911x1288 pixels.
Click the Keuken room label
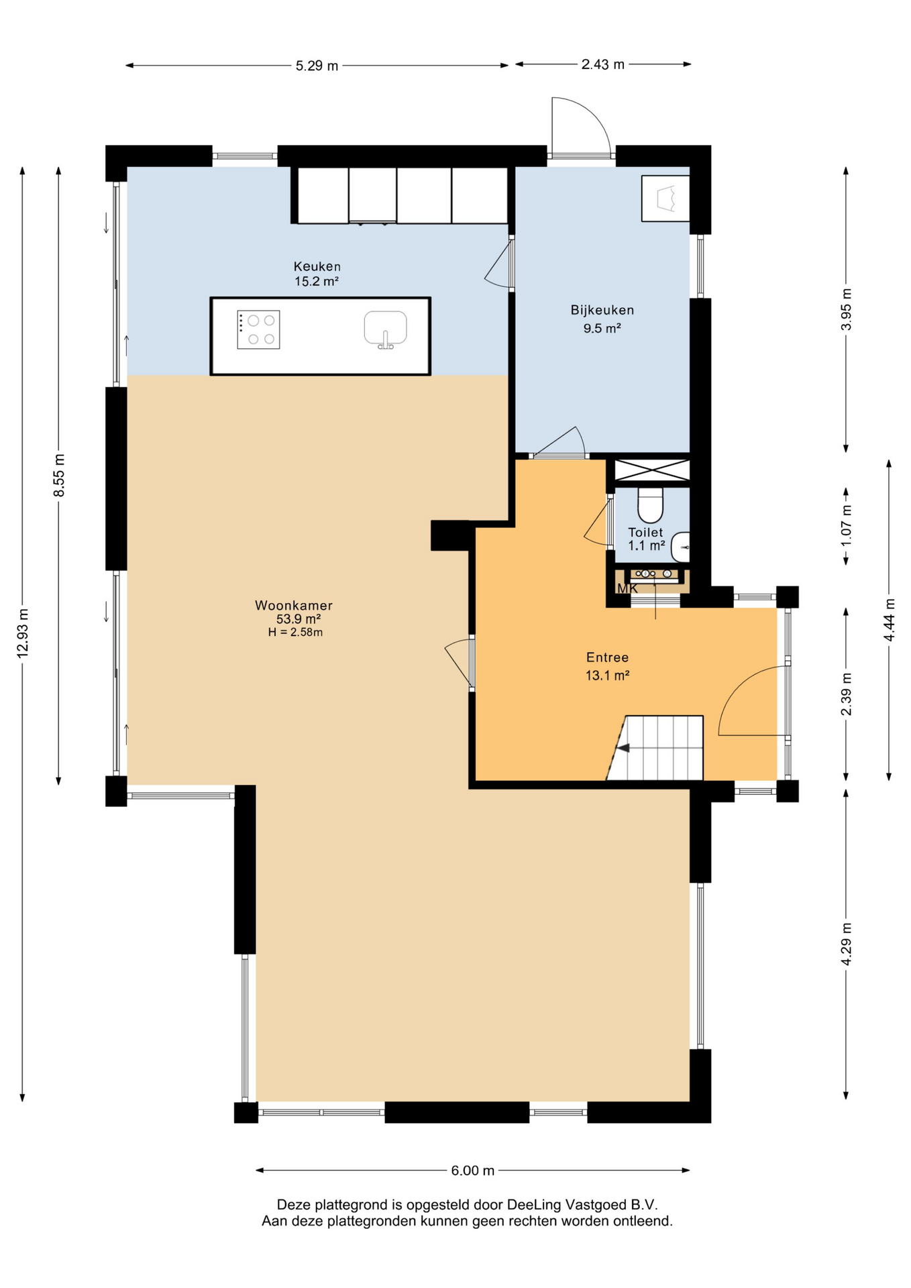(x=317, y=266)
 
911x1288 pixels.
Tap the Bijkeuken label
(x=602, y=310)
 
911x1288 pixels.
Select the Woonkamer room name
(x=294, y=605)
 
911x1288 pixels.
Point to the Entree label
(x=607, y=657)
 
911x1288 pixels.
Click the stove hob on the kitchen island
(x=258, y=329)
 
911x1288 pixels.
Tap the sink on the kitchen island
(x=385, y=329)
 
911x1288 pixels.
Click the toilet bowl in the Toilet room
(x=650, y=504)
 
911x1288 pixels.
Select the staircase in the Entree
(x=655, y=748)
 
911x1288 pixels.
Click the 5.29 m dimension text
(x=317, y=66)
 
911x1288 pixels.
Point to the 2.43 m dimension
(x=602, y=64)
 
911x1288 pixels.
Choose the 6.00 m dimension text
(x=473, y=1171)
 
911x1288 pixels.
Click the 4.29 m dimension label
(x=847, y=944)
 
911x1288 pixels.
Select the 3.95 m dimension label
(x=847, y=309)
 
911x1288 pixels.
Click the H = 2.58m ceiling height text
(x=295, y=632)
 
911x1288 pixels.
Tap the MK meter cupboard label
(x=627, y=588)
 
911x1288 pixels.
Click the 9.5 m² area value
(x=602, y=328)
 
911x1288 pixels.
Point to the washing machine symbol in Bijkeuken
(x=665, y=199)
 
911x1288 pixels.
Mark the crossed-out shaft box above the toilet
(x=652, y=470)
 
